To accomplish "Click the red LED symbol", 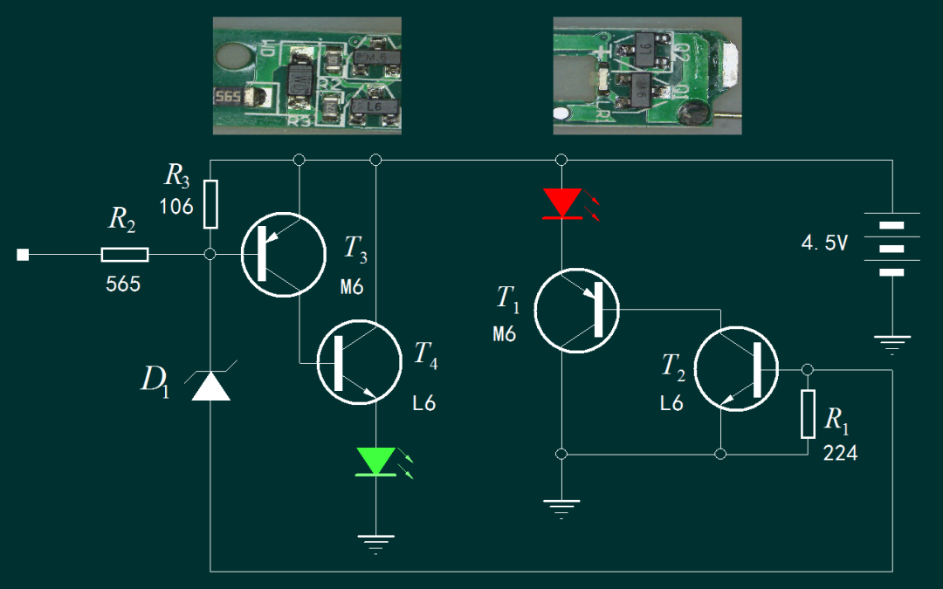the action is click(562, 203).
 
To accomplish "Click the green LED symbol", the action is click(375, 462).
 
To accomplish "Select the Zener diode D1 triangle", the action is click(210, 386).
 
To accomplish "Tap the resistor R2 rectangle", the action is click(125, 255).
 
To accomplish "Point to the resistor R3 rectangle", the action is click(210, 204).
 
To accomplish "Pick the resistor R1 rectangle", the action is click(808, 414).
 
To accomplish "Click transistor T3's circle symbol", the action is click(284, 255).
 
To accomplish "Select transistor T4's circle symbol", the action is click(360, 362).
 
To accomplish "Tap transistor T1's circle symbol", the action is click(577, 311).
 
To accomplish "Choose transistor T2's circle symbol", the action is click(737, 369).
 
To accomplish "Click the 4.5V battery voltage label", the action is click(824, 243).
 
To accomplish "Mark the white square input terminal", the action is click(23, 255).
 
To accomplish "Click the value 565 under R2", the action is click(123, 284).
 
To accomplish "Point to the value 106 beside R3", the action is click(176, 207).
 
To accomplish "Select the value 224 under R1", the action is click(840, 453).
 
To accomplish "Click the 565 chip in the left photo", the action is click(229, 97).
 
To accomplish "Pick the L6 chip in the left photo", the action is click(375, 106).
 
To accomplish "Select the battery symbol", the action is click(891, 248).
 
